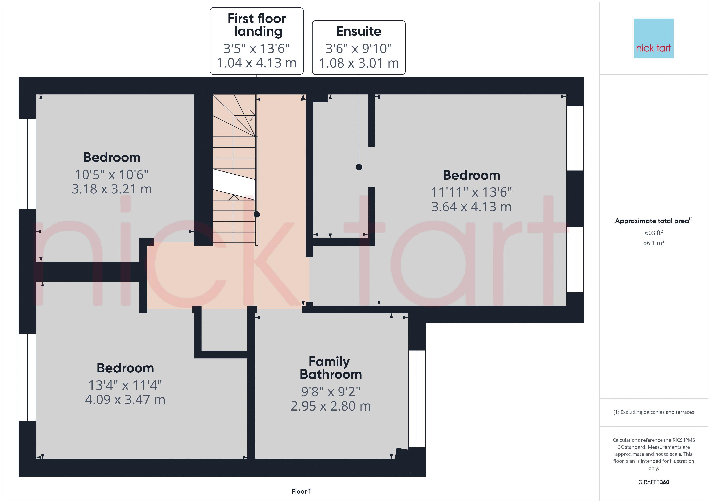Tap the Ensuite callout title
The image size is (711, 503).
[x=359, y=31]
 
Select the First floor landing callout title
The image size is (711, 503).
[x=257, y=25]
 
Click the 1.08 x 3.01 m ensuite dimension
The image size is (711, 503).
[x=359, y=63]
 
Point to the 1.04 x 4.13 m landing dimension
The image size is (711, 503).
[x=257, y=63]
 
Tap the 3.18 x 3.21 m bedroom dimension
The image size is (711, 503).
[x=112, y=189]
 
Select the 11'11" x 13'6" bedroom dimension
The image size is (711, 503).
[x=471, y=192]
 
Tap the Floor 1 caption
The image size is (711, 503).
[x=301, y=491]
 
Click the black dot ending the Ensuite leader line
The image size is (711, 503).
[x=359, y=167]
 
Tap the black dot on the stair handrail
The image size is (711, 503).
[x=257, y=214]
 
